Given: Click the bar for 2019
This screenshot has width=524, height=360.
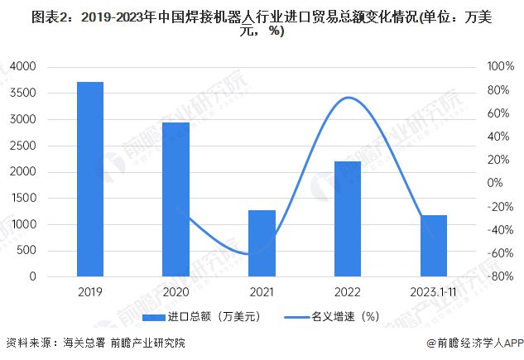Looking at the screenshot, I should [x=89, y=179].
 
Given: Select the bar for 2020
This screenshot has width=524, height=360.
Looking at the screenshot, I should [x=175, y=199].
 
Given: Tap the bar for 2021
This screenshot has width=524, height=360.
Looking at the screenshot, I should [x=262, y=243].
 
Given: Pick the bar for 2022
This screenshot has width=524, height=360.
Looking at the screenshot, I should [x=348, y=218].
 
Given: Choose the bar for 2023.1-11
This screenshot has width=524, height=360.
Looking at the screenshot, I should [x=434, y=246].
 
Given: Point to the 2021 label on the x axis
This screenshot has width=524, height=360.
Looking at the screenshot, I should [x=262, y=292].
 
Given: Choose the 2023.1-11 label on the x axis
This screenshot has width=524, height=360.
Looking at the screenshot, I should [x=434, y=292].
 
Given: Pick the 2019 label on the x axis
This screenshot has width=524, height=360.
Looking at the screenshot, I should [x=89, y=292].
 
